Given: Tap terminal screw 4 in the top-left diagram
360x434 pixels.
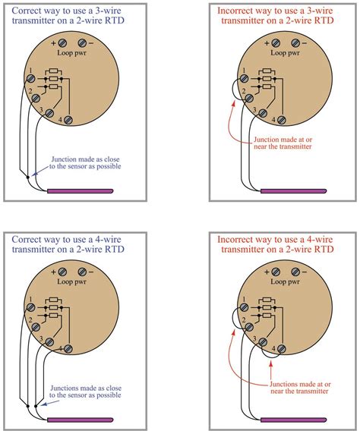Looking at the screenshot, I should coord(69,121).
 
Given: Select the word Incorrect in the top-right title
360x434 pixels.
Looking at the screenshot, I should coord(242,11).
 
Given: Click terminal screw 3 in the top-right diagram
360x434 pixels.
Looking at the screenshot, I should coord(255,113).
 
